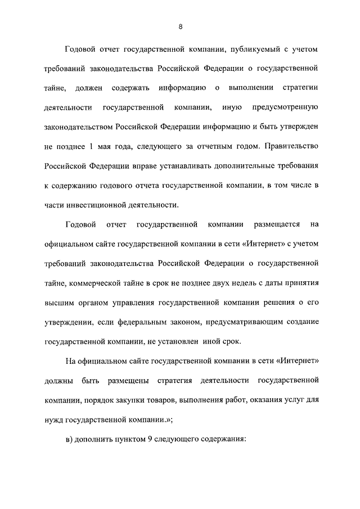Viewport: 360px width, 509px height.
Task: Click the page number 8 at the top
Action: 179,27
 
